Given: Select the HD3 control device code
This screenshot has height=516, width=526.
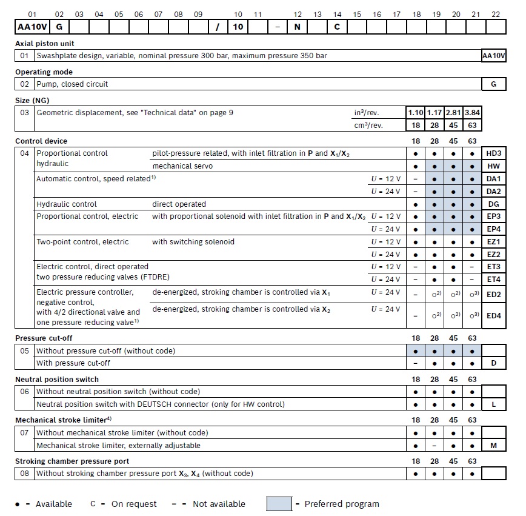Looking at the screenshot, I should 493,154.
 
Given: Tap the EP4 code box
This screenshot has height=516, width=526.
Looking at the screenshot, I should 493,229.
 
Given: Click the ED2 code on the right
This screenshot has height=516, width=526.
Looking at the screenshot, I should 493,294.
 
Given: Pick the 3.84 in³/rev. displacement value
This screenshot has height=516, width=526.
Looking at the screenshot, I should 473,112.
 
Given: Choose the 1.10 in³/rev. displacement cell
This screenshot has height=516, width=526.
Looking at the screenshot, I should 416,112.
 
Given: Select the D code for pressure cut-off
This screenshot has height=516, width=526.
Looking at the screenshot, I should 493,364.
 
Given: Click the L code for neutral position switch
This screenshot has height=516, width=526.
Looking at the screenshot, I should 493,404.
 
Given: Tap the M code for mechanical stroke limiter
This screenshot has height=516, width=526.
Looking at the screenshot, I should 493,446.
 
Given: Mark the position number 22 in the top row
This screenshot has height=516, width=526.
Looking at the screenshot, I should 496,14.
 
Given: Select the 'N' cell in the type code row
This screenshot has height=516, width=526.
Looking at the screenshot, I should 297,27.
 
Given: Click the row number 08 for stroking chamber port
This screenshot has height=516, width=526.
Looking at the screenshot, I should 25,474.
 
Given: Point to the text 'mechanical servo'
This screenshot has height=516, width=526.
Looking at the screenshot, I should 182,166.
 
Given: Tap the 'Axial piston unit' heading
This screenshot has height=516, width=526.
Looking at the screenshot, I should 45,44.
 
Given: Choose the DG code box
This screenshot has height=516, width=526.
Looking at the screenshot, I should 493,204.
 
